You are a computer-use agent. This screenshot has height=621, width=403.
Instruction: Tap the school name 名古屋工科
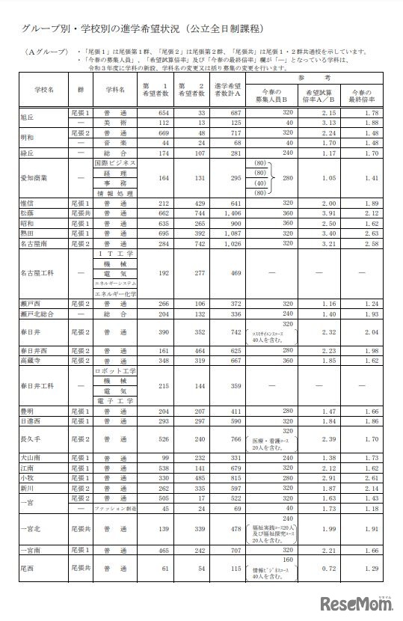tap(38, 274)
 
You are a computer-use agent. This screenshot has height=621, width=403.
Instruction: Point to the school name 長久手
tap(32, 439)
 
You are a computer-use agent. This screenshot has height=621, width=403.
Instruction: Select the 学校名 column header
tap(41, 88)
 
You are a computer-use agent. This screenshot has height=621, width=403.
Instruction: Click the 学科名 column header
tap(114, 88)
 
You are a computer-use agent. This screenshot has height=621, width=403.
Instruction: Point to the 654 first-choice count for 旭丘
tap(159, 111)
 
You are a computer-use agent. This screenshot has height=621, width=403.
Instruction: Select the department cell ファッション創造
tap(114, 508)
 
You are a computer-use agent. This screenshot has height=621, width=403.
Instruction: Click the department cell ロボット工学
tap(114, 370)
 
